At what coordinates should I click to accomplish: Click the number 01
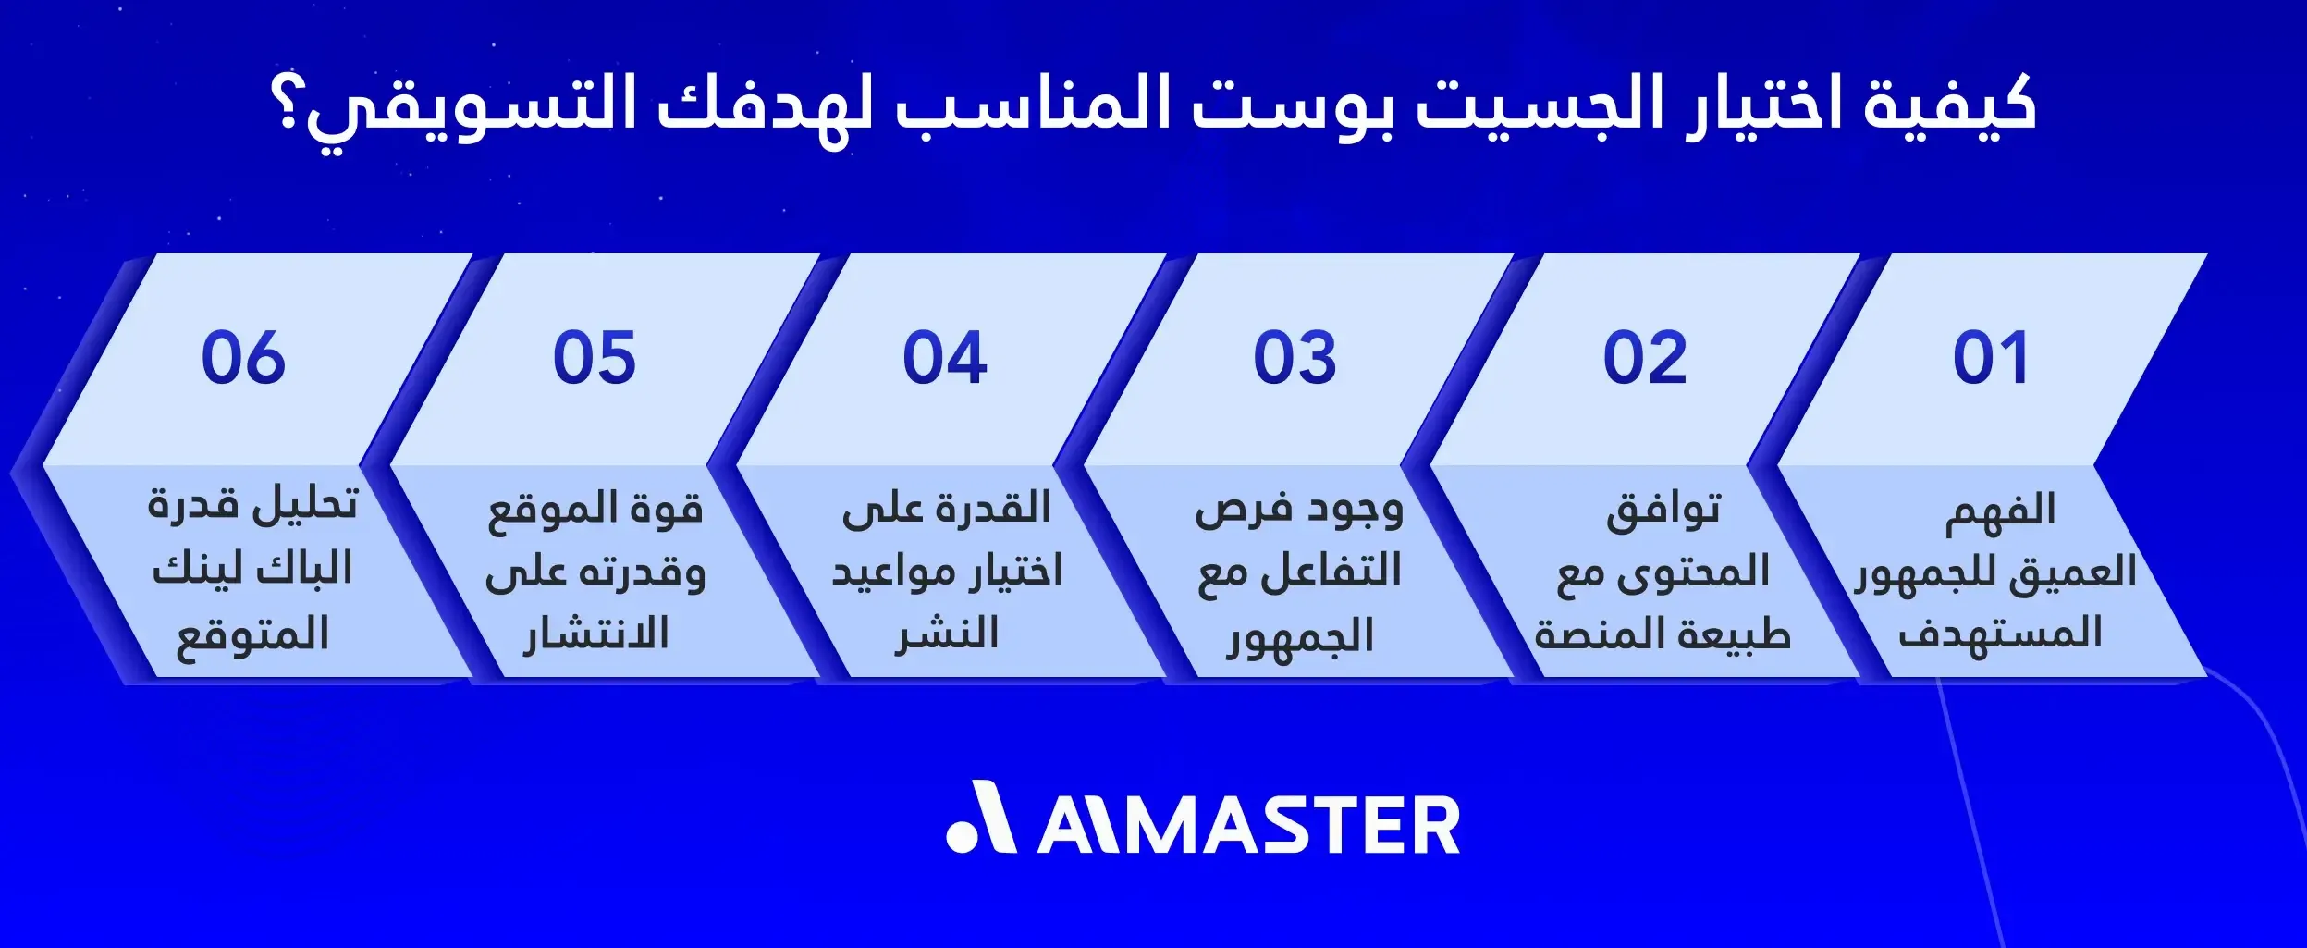coord(1991,358)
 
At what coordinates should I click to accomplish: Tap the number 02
coord(1645,358)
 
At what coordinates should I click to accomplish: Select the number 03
coord(1295,358)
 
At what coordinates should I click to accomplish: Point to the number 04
coord(945,358)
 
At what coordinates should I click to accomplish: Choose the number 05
coord(595,358)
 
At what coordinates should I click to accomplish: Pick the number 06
coord(244,358)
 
